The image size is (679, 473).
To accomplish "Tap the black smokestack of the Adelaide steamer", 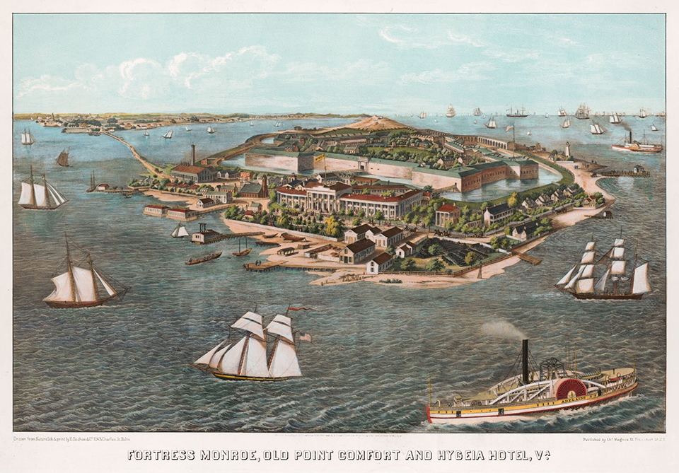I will coord(525,360).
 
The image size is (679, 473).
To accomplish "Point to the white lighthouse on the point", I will coord(567,150).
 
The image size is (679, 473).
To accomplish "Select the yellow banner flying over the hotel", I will coord(319,158).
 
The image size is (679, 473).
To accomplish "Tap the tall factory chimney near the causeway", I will coord(193,154).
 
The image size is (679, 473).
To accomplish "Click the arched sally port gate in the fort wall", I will coord(361,165).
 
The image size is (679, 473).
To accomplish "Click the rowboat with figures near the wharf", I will coord(203,258).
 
